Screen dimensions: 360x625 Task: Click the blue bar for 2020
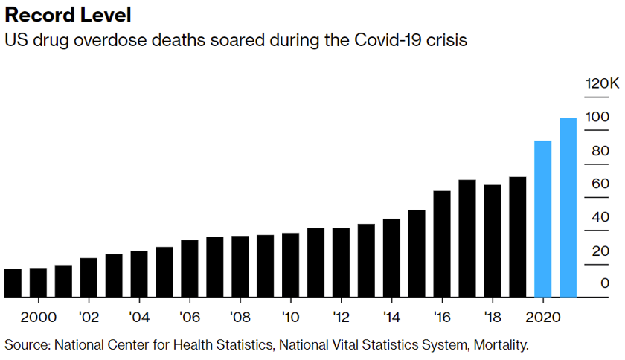coord(543,219)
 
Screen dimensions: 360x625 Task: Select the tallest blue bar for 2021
coord(568,208)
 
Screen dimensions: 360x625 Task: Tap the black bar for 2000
coord(38,283)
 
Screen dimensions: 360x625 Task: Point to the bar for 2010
coord(290,265)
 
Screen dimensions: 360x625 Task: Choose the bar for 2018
coord(493,241)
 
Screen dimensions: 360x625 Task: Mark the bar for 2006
coord(190,269)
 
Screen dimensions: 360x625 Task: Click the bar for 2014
coord(391,258)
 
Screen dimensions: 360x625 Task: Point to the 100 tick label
coord(597,117)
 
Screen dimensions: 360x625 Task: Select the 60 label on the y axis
coord(600,184)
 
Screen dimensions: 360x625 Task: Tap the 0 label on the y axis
coord(604,283)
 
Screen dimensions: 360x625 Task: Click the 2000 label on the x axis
coord(38,318)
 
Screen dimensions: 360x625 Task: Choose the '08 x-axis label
coord(240,318)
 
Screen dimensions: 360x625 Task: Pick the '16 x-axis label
coord(442,318)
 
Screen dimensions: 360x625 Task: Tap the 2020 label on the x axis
coord(543,318)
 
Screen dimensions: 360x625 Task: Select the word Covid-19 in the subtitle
coord(399,40)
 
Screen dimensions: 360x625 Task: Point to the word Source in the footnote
coord(25,345)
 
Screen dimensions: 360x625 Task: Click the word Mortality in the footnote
coord(501,345)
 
